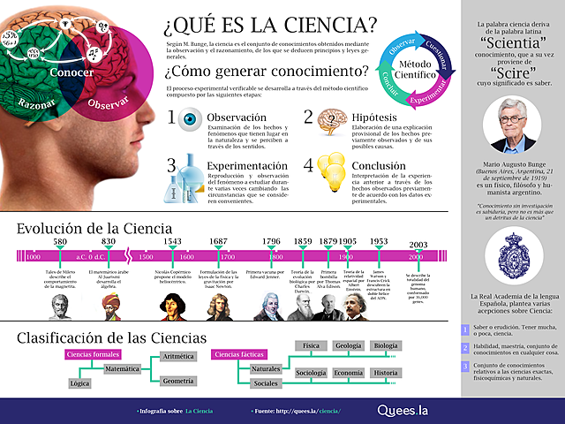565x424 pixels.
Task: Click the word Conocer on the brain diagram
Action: coord(72,72)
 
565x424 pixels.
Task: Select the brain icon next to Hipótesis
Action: coord(328,120)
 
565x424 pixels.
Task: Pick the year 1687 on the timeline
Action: coord(217,241)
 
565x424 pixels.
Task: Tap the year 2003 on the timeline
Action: coord(418,245)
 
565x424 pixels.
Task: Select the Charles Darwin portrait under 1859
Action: coord(304,306)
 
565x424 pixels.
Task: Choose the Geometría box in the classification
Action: coord(177,380)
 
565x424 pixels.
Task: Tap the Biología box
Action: coord(385,345)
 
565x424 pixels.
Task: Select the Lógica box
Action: coord(79,384)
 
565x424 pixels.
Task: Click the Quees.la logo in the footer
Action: coord(403,410)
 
